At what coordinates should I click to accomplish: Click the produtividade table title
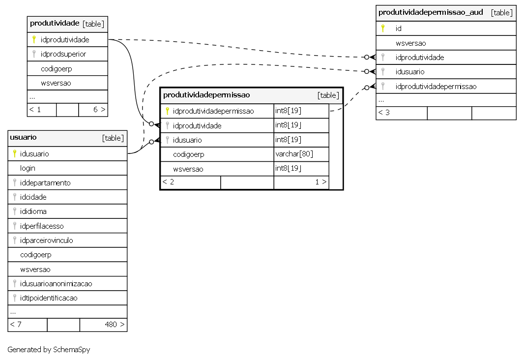(x=55, y=24)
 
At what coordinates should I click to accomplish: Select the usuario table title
(x=23, y=137)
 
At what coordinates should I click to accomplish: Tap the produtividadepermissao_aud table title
(x=431, y=13)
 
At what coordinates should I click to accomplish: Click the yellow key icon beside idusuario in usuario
(x=15, y=153)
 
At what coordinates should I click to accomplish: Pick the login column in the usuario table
(x=28, y=168)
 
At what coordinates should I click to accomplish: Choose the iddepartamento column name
(x=45, y=182)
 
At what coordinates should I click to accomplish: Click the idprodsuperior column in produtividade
(x=63, y=54)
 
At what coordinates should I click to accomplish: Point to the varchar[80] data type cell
(x=294, y=154)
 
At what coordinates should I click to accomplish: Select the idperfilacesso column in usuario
(x=41, y=226)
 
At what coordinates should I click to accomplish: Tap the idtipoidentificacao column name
(x=49, y=298)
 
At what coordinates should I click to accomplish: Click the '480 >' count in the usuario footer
(x=115, y=324)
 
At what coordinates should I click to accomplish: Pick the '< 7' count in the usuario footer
(x=16, y=324)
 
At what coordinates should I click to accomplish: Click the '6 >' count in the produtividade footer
(x=99, y=110)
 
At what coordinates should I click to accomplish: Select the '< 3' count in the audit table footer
(x=383, y=113)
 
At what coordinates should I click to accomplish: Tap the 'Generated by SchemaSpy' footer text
(x=49, y=349)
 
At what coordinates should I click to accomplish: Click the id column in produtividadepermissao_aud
(x=398, y=29)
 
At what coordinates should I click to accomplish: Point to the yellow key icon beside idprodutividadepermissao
(x=168, y=111)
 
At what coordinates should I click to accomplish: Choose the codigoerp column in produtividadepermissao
(x=188, y=154)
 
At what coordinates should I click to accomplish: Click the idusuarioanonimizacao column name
(x=56, y=283)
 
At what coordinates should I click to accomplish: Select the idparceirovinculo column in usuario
(x=46, y=240)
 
